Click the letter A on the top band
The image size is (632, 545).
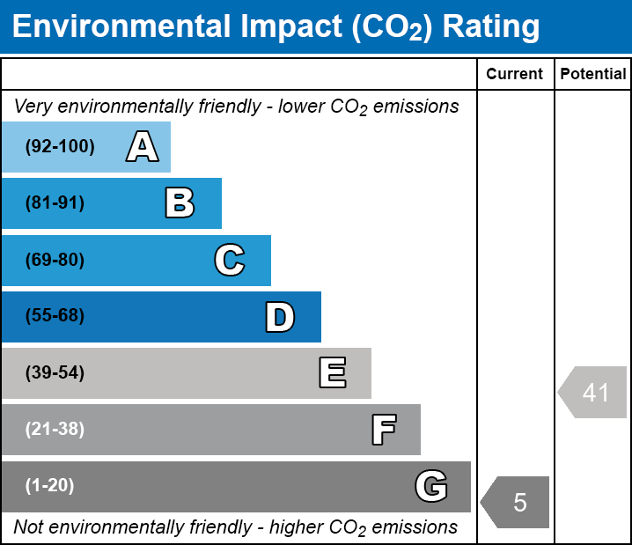pos(143,146)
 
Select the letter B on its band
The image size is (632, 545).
pos(180,203)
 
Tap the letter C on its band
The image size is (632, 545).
pos(230,260)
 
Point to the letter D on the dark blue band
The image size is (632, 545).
pos(280,317)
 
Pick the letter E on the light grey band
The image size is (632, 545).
pos(333,372)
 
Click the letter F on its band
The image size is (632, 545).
pos(384,430)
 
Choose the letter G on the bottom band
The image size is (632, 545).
pos(431,486)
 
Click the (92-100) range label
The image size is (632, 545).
pos(60,146)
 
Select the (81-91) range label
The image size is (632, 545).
pos(55,203)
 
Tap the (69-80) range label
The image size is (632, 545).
pos(55,260)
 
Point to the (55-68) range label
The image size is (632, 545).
pos(55,315)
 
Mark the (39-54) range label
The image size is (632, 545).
pos(55,372)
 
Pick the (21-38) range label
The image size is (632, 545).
pos(55,429)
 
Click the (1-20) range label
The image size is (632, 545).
pos(49,485)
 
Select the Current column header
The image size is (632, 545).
pos(514,74)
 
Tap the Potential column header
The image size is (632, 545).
pos(593,74)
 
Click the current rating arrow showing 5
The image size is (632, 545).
pos(515,502)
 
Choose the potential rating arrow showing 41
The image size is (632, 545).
pos(592,392)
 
